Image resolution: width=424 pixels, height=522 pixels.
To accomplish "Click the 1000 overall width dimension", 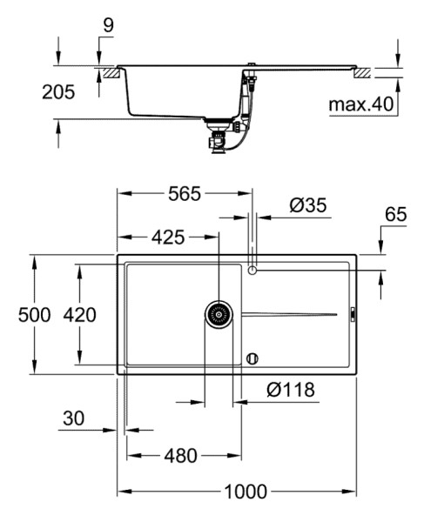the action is [246, 492].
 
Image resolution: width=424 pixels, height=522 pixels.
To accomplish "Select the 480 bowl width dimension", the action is [180, 455].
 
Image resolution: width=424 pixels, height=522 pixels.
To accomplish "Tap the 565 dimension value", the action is [185, 194].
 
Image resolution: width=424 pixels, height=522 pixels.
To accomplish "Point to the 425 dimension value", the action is [168, 238].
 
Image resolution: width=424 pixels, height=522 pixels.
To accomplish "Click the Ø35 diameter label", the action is [308, 205].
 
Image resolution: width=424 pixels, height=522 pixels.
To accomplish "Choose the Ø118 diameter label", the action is [291, 390].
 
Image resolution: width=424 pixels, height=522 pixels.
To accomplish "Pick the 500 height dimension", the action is [34, 315].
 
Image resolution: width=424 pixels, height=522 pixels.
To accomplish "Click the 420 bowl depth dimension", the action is [79, 315].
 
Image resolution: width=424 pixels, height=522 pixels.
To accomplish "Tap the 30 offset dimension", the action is [74, 418].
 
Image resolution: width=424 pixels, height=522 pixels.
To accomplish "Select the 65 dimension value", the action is [396, 214].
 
